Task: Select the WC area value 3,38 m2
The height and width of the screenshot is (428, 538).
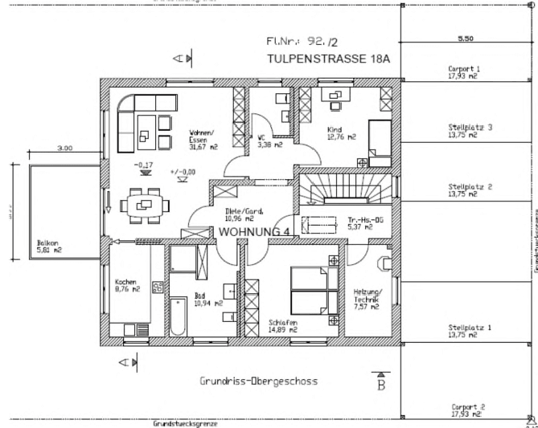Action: click(269, 145)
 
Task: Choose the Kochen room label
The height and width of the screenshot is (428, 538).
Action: click(125, 283)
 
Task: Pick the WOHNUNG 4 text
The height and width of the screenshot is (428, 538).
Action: click(254, 232)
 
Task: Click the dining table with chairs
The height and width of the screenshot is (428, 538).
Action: click(146, 205)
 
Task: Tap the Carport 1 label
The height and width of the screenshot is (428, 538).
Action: click(464, 69)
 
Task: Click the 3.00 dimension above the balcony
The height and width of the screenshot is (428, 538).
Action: click(65, 148)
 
